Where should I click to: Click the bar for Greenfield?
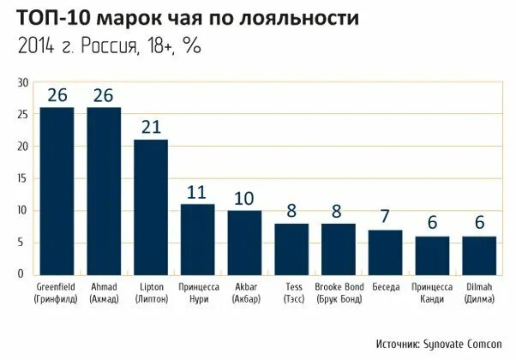57,190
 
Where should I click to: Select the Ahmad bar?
104,190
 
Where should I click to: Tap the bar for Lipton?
151,206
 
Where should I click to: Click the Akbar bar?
244,242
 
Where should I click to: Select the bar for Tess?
291,249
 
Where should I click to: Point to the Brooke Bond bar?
338,249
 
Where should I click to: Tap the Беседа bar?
385,252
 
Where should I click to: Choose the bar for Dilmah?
478,255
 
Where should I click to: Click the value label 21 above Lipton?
151,127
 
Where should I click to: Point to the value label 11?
198,191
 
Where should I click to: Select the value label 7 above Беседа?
385,218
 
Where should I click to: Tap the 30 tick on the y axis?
24,82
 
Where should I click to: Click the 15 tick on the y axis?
24,178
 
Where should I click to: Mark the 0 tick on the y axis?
27,274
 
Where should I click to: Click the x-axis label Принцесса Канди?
431,292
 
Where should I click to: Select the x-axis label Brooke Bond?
338,292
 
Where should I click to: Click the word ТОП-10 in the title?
51,18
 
